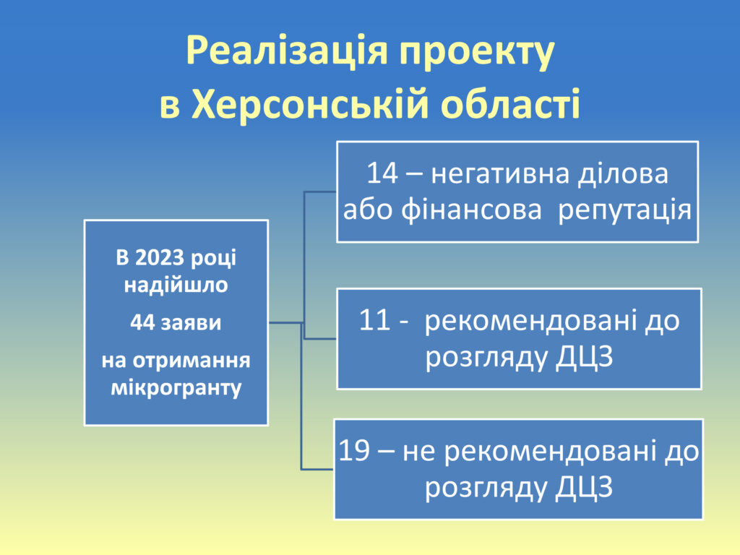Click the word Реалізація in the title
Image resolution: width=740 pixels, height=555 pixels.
[287, 51]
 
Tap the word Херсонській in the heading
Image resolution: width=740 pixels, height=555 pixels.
[310, 103]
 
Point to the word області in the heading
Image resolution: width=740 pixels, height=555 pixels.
[510, 103]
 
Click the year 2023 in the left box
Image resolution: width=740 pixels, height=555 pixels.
[160, 258]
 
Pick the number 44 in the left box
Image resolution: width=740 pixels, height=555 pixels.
[142, 323]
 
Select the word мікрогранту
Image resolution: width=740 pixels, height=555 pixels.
[176, 388]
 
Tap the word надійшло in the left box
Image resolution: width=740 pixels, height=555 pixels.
[176, 285]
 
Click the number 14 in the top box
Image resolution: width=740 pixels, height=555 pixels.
[382, 173]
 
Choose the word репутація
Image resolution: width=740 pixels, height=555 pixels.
[625, 210]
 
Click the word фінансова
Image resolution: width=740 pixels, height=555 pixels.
[471, 210]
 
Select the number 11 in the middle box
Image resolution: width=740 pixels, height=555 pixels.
[374, 320]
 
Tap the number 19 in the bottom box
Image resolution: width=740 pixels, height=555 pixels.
[354, 451]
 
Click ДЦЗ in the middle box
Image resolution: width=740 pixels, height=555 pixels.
[584, 358]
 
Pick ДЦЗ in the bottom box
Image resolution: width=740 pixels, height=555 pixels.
[584, 488]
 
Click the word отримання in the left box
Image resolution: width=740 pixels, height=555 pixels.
[191, 361]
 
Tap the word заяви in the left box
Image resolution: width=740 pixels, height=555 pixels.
[191, 324]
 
